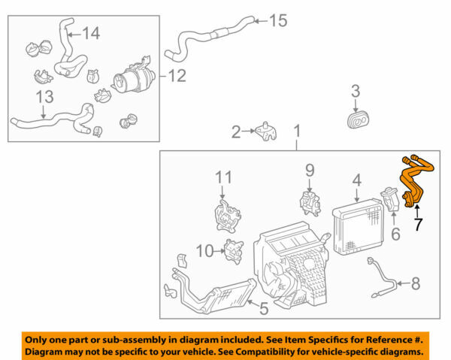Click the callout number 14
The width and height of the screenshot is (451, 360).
pos(90,33)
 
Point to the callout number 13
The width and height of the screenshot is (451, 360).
pos(45,97)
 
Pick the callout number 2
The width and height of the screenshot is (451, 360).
pos(236,132)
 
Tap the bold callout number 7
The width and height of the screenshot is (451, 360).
pos(417,225)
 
